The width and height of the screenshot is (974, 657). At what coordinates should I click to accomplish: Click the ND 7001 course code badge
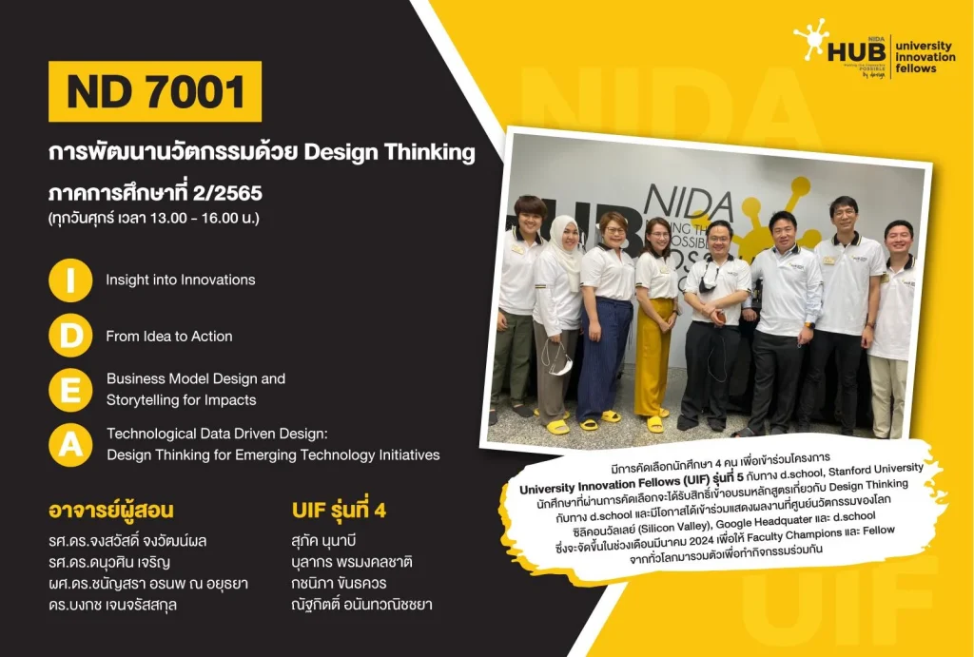[x=155, y=91]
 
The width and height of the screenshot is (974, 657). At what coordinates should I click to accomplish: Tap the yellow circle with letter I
[x=70, y=280]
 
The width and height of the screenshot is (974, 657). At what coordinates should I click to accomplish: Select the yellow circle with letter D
[x=70, y=336]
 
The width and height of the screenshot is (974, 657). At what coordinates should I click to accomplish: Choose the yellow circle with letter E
[x=70, y=390]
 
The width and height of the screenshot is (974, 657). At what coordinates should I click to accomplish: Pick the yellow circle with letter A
[x=70, y=443]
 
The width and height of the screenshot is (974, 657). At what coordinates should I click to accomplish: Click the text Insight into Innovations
[x=181, y=280]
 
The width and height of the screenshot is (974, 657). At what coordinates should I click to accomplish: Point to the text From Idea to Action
[x=169, y=336]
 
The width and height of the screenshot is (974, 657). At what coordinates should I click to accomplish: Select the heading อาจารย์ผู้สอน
[x=111, y=511]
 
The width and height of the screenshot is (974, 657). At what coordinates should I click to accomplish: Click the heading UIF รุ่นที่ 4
[x=339, y=511]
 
